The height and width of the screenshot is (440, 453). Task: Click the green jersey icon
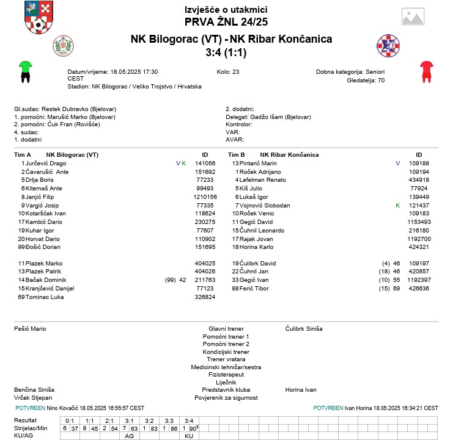pos(25,71)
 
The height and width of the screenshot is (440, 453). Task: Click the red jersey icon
pos(426,71)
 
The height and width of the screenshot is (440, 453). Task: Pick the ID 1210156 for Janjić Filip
pos(205,197)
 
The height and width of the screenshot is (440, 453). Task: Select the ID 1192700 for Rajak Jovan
pos(419,239)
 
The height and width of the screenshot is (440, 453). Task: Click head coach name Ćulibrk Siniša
pos(304,329)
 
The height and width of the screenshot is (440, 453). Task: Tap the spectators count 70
pos(381,80)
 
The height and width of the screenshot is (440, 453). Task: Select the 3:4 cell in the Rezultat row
pos(189,420)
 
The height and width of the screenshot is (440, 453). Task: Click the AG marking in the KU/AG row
pos(129,436)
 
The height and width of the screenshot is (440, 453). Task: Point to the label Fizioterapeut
pos(226,374)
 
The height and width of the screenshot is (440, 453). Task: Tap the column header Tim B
pos(236,154)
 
